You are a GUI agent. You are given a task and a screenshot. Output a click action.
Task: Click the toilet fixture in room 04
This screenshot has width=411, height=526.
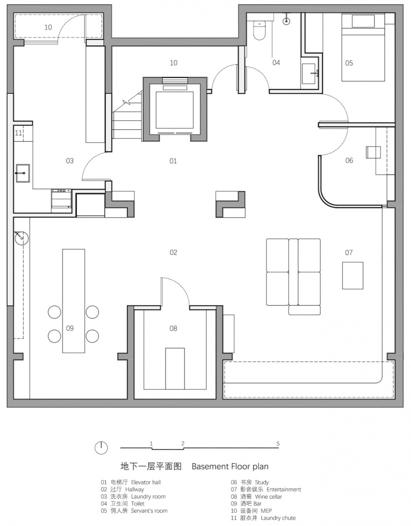click(x=259, y=30)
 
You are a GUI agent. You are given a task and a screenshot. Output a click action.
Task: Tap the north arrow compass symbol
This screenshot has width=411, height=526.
click(x=101, y=448)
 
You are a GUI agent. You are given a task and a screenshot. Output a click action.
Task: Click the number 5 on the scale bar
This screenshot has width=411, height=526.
click(x=278, y=444)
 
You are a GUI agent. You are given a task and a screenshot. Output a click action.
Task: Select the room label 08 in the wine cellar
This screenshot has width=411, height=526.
click(x=173, y=328)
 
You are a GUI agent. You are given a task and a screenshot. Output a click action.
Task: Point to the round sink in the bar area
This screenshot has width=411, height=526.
click(x=21, y=238)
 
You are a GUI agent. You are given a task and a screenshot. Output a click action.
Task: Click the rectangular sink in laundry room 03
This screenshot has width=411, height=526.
click(x=23, y=173)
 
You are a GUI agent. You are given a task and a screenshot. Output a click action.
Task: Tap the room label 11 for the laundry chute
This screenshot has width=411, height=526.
click(x=18, y=133)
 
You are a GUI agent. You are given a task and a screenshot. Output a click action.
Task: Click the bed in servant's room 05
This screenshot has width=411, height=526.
click(x=363, y=47)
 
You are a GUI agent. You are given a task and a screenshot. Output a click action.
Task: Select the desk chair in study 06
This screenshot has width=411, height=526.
click(x=373, y=152)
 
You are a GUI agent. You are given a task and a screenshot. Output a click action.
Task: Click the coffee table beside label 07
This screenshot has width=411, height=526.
click(x=352, y=275)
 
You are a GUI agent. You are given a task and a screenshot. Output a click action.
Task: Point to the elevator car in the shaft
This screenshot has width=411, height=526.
click(x=175, y=110)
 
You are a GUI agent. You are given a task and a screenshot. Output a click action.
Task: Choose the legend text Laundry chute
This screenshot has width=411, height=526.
click(x=278, y=518)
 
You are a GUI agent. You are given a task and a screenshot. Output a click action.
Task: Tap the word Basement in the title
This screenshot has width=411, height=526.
click(x=210, y=466)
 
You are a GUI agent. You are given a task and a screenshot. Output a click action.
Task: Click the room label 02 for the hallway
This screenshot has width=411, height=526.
click(x=173, y=252)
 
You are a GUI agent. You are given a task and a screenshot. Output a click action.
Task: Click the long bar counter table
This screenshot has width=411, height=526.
click(x=74, y=301)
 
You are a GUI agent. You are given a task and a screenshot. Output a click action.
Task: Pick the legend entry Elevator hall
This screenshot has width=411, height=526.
click(x=146, y=482)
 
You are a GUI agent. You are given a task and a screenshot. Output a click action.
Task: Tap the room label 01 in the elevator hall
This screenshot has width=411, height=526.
click(x=173, y=161)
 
